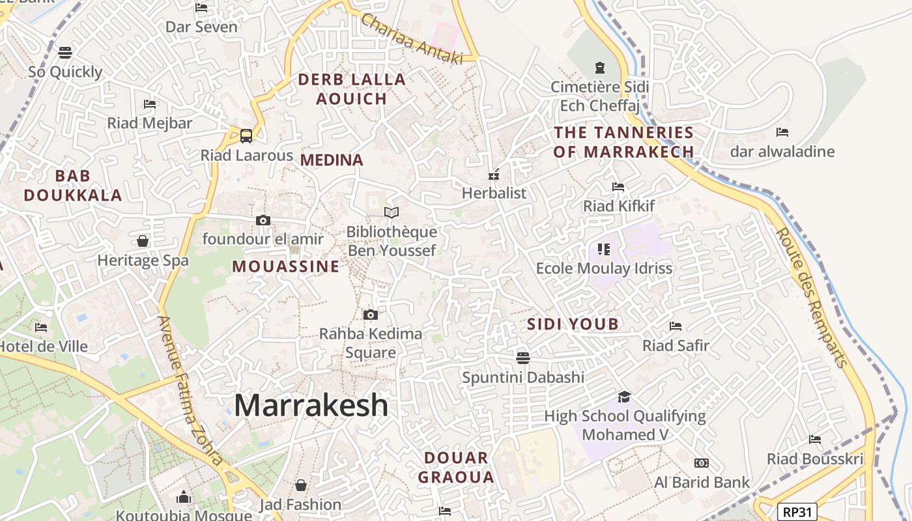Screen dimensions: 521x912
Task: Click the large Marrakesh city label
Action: pyautogui.click(x=311, y=405)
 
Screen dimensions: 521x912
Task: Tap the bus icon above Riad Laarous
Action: pyautogui.click(x=246, y=135)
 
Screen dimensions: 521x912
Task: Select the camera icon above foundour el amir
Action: pyautogui.click(x=263, y=220)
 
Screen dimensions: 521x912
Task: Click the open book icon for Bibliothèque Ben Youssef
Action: pyautogui.click(x=392, y=212)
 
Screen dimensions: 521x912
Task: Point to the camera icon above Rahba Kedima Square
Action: pyautogui.click(x=371, y=315)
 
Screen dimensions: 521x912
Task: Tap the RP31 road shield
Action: pyautogui.click(x=797, y=512)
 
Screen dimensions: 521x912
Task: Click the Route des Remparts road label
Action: pyautogui.click(x=814, y=298)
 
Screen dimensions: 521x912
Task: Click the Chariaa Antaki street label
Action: pyautogui.click(x=412, y=39)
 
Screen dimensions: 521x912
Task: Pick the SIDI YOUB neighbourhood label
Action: pyautogui.click(x=573, y=324)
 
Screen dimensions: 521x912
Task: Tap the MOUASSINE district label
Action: pyautogui.click(x=285, y=266)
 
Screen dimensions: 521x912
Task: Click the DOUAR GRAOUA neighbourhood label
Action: pyautogui.click(x=456, y=468)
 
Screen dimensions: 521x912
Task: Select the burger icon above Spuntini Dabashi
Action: pyautogui.click(x=522, y=358)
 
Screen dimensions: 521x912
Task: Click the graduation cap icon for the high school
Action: pyautogui.click(x=625, y=397)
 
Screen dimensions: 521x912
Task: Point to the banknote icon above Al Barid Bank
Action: pyautogui.click(x=702, y=463)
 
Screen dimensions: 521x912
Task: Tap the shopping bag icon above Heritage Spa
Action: pyautogui.click(x=143, y=241)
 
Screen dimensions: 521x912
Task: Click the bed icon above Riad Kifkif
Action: pyautogui.click(x=618, y=187)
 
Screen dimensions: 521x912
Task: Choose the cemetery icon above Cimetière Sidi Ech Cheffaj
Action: pyautogui.click(x=599, y=67)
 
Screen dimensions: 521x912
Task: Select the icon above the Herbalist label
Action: pyautogui.click(x=494, y=174)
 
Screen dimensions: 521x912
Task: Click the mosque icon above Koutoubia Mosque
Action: pyautogui.click(x=184, y=498)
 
